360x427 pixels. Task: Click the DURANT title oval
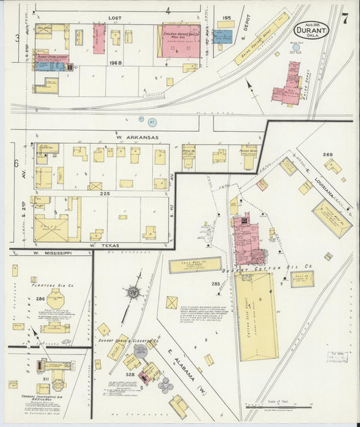[x=311, y=31]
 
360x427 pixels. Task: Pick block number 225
[x=105, y=193]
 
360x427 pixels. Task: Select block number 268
[x=328, y=154]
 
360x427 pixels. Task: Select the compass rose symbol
[x=133, y=292]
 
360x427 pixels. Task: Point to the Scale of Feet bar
[x=277, y=407]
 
